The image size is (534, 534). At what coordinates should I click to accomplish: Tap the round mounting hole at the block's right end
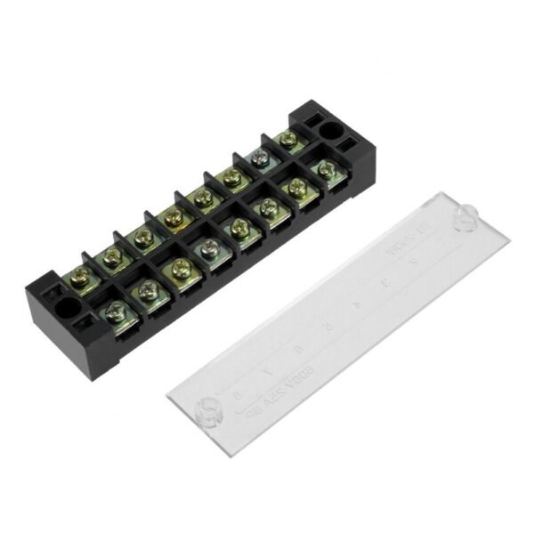pos(330,132)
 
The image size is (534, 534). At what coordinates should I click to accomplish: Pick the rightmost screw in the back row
pos(287,138)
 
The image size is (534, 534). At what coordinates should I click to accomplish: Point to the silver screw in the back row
pos(259,158)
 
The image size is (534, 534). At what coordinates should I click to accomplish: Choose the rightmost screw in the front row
pos(327,168)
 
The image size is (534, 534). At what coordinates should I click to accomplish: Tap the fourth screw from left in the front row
pos(209,247)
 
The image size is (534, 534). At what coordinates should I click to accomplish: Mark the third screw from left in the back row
pos(142,237)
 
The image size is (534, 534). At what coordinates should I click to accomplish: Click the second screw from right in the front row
pos(296,187)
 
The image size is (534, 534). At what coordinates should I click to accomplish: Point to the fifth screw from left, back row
pos(203,196)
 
